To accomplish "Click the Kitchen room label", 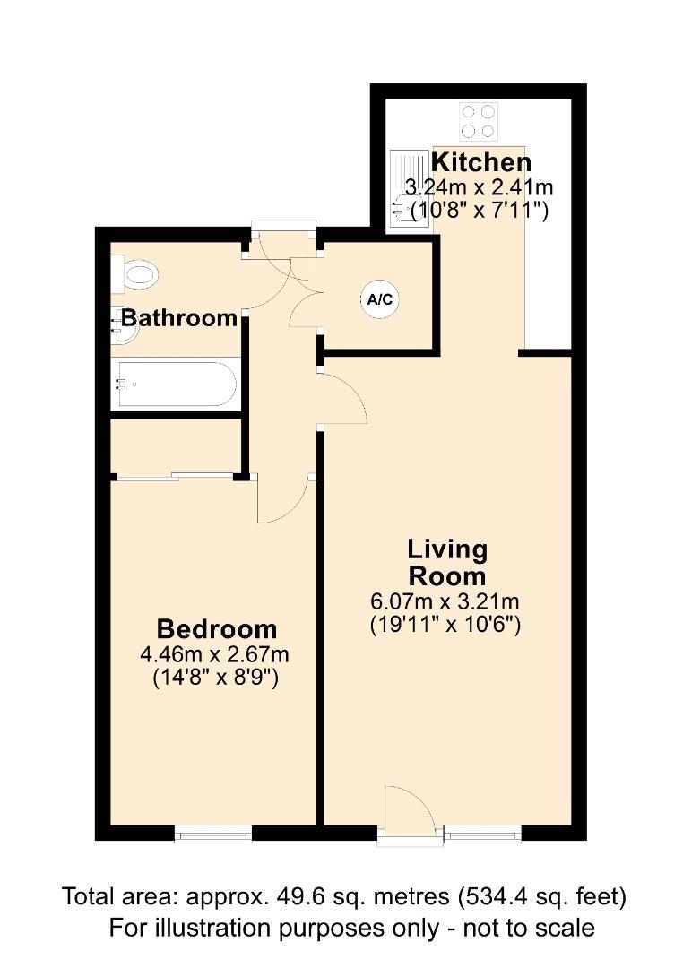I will (x=481, y=162).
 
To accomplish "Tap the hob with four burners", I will (x=478, y=122).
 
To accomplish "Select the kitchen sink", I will (x=408, y=196).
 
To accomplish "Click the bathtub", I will (x=176, y=384).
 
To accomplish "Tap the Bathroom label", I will (x=179, y=317).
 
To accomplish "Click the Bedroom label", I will (x=216, y=628).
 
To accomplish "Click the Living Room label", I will (x=446, y=562).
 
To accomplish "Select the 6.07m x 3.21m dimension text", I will (x=445, y=601).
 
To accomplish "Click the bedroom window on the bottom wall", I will (x=213, y=834).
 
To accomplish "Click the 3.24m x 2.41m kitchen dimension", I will (x=480, y=188).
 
